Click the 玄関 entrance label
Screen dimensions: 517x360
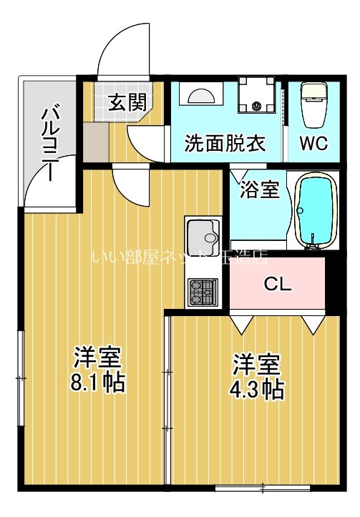[127, 102]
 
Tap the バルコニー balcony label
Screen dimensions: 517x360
[51, 142]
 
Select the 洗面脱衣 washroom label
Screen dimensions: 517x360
[225, 142]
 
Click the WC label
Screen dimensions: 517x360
[313, 142]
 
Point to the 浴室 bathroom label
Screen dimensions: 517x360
[259, 191]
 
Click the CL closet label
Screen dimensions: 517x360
[278, 284]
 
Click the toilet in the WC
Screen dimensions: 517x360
[313, 103]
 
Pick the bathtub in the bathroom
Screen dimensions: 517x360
[315, 211]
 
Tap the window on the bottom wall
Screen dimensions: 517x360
[263, 489]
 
